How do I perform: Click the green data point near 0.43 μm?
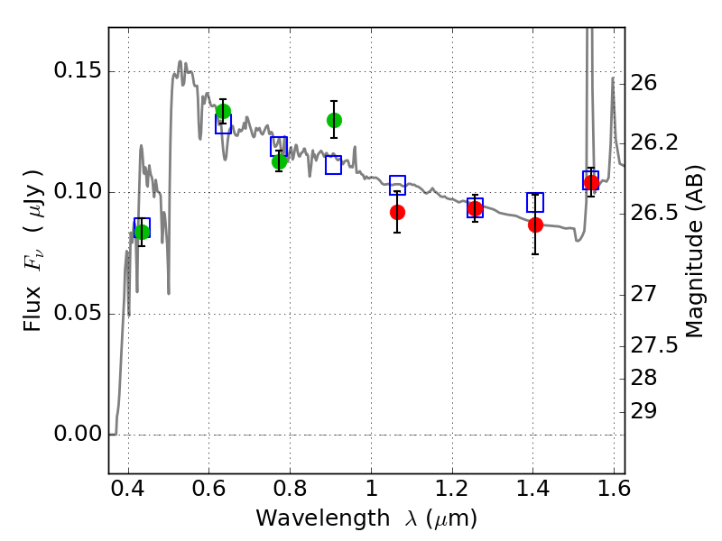pyautogui.click(x=143, y=232)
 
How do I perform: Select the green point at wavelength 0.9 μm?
pyautogui.click(x=334, y=121)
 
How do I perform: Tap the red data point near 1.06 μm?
pyautogui.click(x=397, y=213)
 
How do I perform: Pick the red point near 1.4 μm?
pyautogui.click(x=535, y=225)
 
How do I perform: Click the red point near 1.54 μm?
pyautogui.click(x=591, y=183)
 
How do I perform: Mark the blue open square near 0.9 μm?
pyautogui.click(x=333, y=165)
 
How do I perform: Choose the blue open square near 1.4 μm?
pyautogui.click(x=535, y=202)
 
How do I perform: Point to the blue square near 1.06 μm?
pyautogui.click(x=398, y=185)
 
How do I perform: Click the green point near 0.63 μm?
pyautogui.click(x=223, y=111)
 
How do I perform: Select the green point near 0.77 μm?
pyautogui.click(x=279, y=161)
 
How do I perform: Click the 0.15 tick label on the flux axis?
pyautogui.click(x=78, y=70)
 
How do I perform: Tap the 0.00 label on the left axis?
pyautogui.click(x=78, y=434)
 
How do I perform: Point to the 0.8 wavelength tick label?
pyautogui.click(x=290, y=489)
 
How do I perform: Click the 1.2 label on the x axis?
pyautogui.click(x=452, y=489)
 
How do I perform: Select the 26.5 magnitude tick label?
pyautogui.click(x=653, y=213)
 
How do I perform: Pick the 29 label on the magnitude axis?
pyautogui.click(x=643, y=411)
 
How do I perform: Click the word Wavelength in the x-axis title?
pyautogui.click(x=323, y=518)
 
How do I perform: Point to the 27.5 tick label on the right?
pyautogui.click(x=653, y=345)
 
